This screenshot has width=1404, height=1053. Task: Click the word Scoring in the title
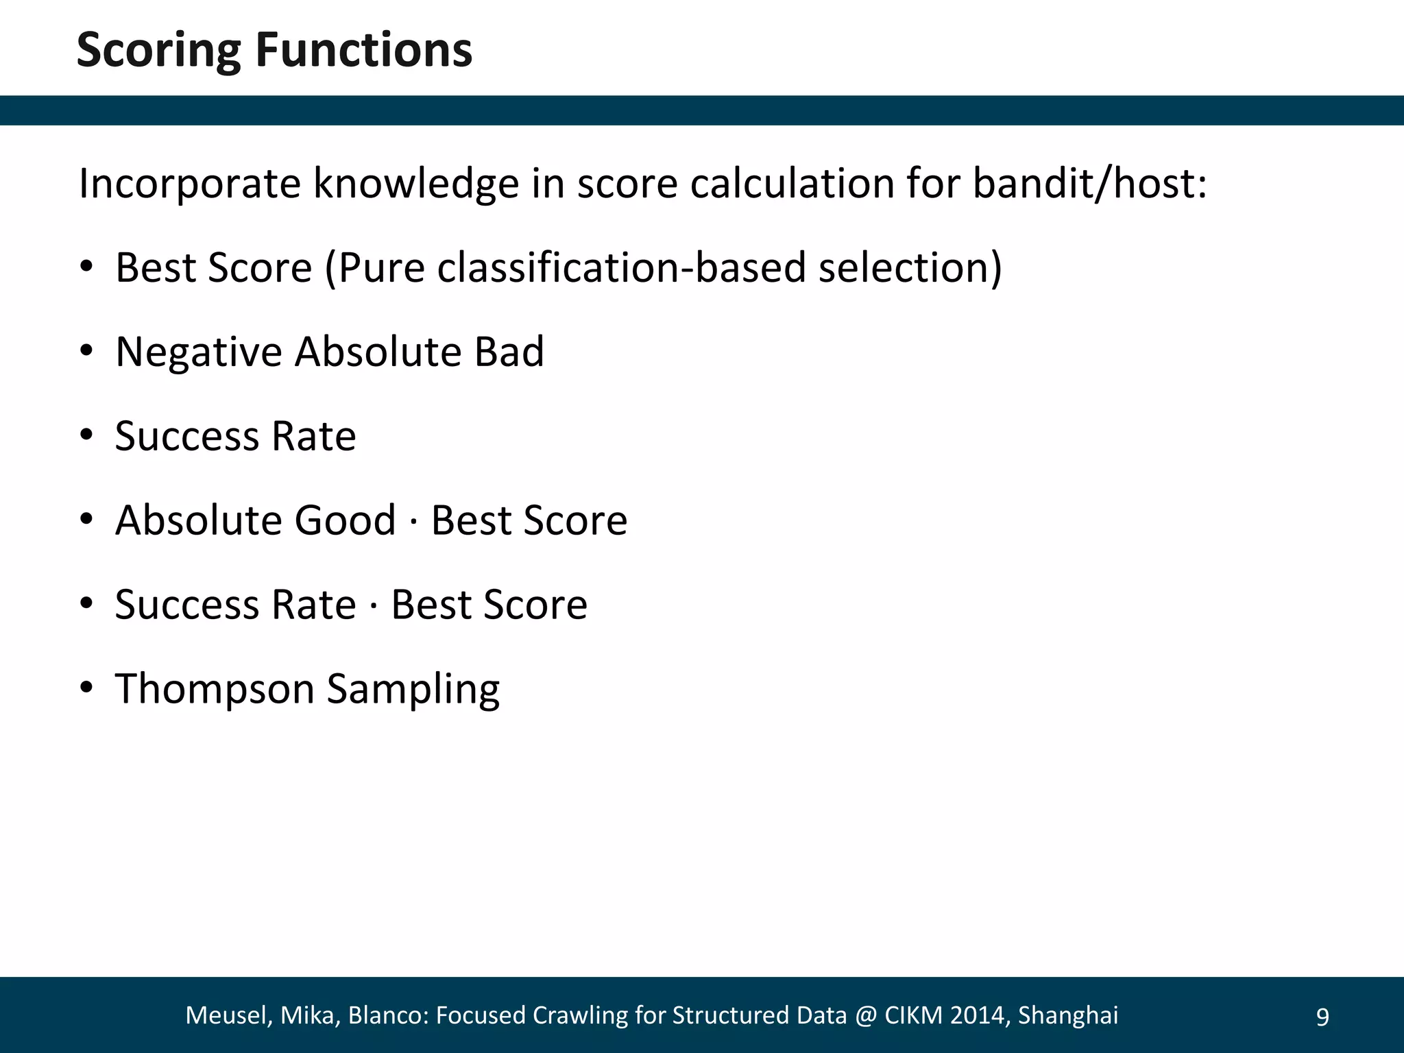click(158, 51)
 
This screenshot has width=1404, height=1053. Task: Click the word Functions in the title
click(364, 50)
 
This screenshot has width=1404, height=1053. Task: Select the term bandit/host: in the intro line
click(1090, 184)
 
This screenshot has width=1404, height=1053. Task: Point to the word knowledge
click(416, 184)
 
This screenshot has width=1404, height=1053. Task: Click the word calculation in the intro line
click(792, 184)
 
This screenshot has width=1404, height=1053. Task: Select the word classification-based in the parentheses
click(621, 268)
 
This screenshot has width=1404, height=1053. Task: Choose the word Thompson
click(214, 689)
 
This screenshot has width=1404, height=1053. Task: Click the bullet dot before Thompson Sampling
click(86, 688)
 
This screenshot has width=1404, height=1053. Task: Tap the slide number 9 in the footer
click(1322, 1017)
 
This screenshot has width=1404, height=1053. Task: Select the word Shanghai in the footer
click(1068, 1015)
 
